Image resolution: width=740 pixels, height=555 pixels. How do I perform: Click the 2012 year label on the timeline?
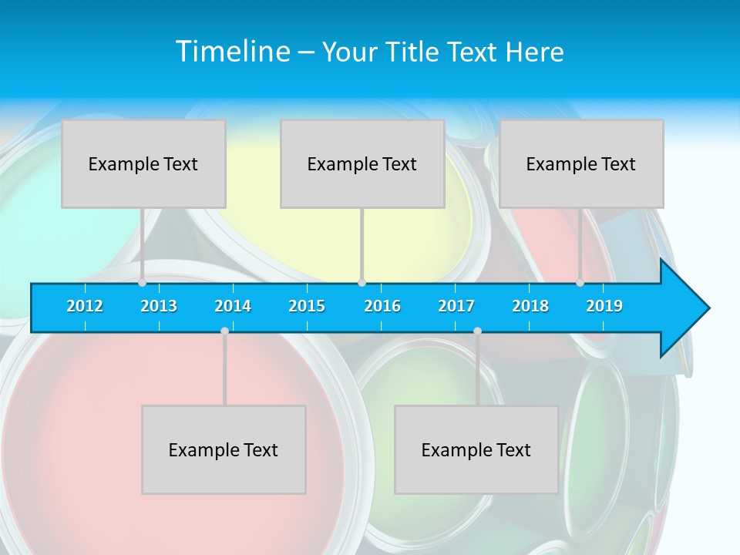click(85, 306)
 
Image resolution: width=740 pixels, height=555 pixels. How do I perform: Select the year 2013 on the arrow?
click(159, 306)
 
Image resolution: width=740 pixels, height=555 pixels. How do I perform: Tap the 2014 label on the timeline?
click(233, 306)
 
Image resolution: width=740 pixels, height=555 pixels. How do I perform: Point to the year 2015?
click(307, 306)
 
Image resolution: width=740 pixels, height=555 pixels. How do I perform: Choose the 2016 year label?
click(382, 306)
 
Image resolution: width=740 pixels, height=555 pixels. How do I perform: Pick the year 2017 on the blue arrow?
click(456, 306)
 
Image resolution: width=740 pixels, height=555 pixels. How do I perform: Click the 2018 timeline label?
click(530, 306)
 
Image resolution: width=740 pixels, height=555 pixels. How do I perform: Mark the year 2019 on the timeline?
click(604, 306)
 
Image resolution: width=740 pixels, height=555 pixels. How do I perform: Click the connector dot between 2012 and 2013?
click(142, 283)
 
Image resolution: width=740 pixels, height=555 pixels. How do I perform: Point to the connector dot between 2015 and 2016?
click(362, 283)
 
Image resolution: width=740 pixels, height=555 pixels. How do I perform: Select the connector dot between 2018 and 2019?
click(580, 283)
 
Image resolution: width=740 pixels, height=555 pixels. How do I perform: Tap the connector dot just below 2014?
click(224, 331)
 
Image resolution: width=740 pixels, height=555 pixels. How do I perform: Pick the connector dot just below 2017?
click(477, 331)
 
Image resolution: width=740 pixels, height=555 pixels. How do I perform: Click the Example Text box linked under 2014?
click(224, 449)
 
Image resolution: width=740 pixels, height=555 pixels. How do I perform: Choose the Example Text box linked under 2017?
click(476, 449)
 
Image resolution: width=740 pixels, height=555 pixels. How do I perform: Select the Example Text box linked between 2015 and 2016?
click(362, 163)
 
